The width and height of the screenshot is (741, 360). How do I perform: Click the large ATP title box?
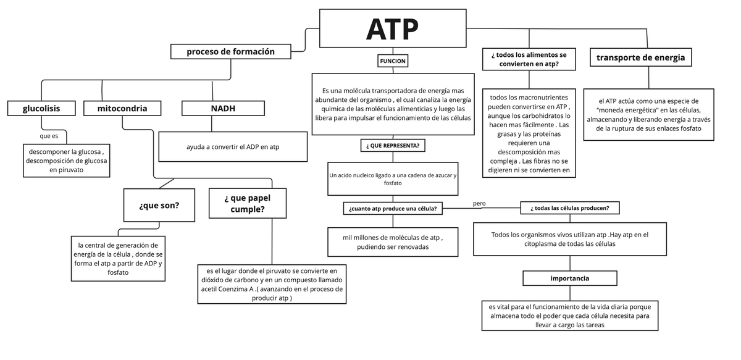click(392, 28)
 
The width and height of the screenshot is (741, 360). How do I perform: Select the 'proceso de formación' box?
click(230, 52)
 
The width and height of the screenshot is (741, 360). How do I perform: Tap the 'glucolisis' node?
click(41, 109)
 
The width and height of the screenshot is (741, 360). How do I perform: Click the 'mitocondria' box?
click(122, 109)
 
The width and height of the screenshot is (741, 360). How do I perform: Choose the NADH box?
click(211, 109)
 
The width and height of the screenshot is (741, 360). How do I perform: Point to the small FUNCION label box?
click(393, 61)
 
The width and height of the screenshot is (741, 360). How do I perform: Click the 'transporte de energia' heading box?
click(640, 57)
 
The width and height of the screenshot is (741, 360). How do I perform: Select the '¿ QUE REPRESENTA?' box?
click(393, 146)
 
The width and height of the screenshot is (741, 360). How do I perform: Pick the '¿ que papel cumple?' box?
click(247, 203)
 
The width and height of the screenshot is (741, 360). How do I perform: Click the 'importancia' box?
click(569, 278)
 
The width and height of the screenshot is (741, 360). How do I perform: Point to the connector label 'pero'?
click(479, 203)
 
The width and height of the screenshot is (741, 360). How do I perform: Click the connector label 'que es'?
click(49, 136)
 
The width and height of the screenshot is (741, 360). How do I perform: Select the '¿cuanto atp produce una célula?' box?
click(393, 209)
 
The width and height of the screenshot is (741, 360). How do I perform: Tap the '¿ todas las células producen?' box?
click(569, 209)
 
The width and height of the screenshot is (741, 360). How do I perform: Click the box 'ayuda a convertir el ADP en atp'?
click(233, 147)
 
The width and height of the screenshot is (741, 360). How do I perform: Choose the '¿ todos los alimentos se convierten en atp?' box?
click(529, 59)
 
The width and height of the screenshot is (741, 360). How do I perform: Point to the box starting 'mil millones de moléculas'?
click(393, 242)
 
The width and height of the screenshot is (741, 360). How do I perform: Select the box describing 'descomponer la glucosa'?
click(66, 160)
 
